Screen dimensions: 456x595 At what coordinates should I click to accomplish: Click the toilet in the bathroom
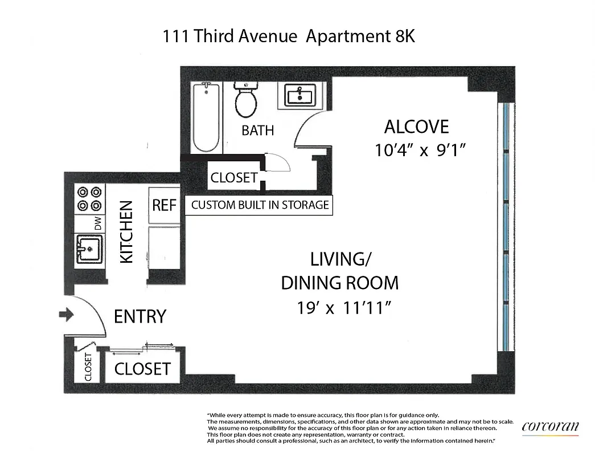[246, 101]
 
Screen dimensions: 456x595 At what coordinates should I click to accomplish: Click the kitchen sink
[89, 249]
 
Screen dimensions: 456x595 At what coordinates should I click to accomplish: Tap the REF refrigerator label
[164, 205]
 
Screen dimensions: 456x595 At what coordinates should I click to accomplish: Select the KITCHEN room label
[126, 231]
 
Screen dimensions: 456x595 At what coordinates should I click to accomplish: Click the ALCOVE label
[417, 127]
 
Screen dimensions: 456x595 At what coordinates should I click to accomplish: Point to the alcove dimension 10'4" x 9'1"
[421, 150]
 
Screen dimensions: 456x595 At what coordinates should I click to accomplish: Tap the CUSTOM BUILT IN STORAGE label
[260, 205]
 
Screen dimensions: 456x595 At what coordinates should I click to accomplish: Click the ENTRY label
[140, 316]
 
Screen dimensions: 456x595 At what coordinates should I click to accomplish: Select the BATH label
[257, 131]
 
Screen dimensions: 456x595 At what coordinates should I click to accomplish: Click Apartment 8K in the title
[360, 37]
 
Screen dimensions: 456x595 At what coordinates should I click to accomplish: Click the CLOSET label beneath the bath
[233, 177]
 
